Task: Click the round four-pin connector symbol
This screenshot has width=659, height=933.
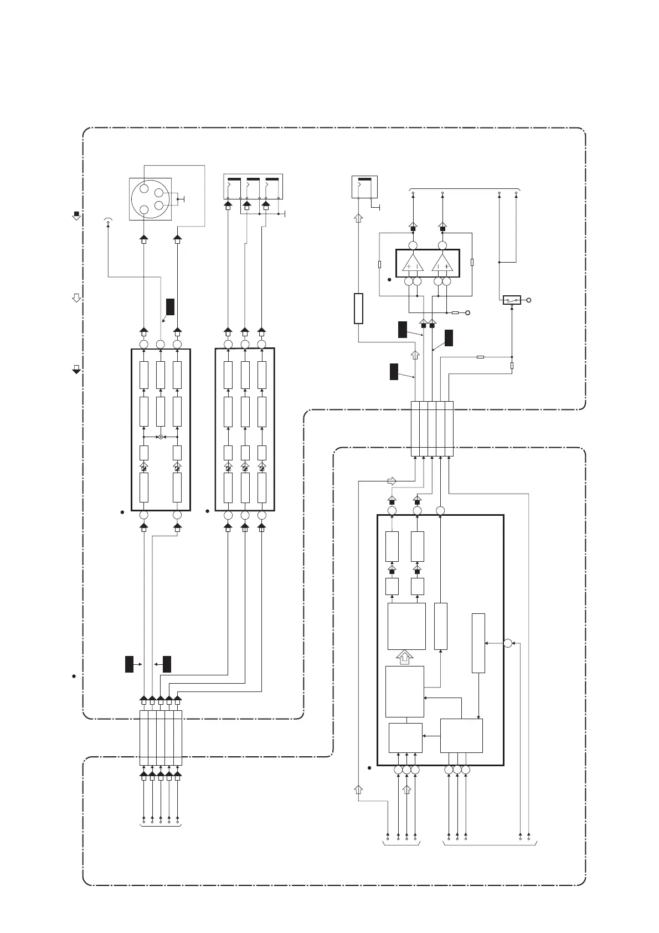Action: pyautogui.click(x=150, y=199)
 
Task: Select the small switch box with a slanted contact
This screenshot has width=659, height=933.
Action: pyautogui.click(x=512, y=300)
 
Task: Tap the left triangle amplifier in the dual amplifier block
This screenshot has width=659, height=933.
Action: pyautogui.click(x=413, y=264)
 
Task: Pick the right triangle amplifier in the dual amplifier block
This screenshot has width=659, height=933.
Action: pyautogui.click(x=442, y=264)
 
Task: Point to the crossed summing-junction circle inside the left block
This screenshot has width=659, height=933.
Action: pyautogui.click(x=161, y=437)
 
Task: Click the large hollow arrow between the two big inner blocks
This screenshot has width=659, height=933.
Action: pyautogui.click(x=405, y=657)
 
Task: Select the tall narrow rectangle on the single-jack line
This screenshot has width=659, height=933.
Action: pyautogui.click(x=358, y=309)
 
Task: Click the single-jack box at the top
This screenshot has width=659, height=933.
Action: pyautogui.click(x=364, y=187)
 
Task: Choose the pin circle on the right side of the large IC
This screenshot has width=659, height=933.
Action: pyautogui.click(x=507, y=643)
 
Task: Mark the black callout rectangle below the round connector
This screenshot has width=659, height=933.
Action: pyautogui.click(x=170, y=306)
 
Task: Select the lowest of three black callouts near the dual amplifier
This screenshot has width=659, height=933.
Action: pyautogui.click(x=394, y=371)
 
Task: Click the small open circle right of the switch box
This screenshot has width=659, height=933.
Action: pyautogui.click(x=529, y=300)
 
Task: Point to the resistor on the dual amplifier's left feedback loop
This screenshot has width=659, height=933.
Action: pyautogui.click(x=379, y=264)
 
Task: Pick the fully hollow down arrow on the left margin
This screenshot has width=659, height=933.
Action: pyautogui.click(x=76, y=298)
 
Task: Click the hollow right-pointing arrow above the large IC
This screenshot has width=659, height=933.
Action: pyautogui.click(x=392, y=481)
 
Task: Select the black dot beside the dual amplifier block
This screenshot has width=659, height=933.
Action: pyautogui.click(x=389, y=280)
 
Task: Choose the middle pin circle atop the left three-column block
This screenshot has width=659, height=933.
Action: pyautogui.click(x=161, y=345)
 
